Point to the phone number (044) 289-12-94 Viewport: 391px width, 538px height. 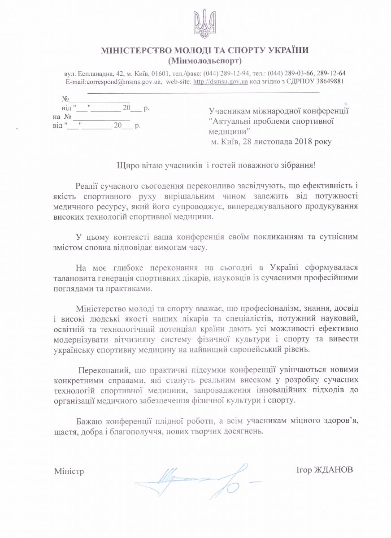tap(225, 73)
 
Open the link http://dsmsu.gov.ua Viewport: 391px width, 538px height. tap(220, 82)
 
